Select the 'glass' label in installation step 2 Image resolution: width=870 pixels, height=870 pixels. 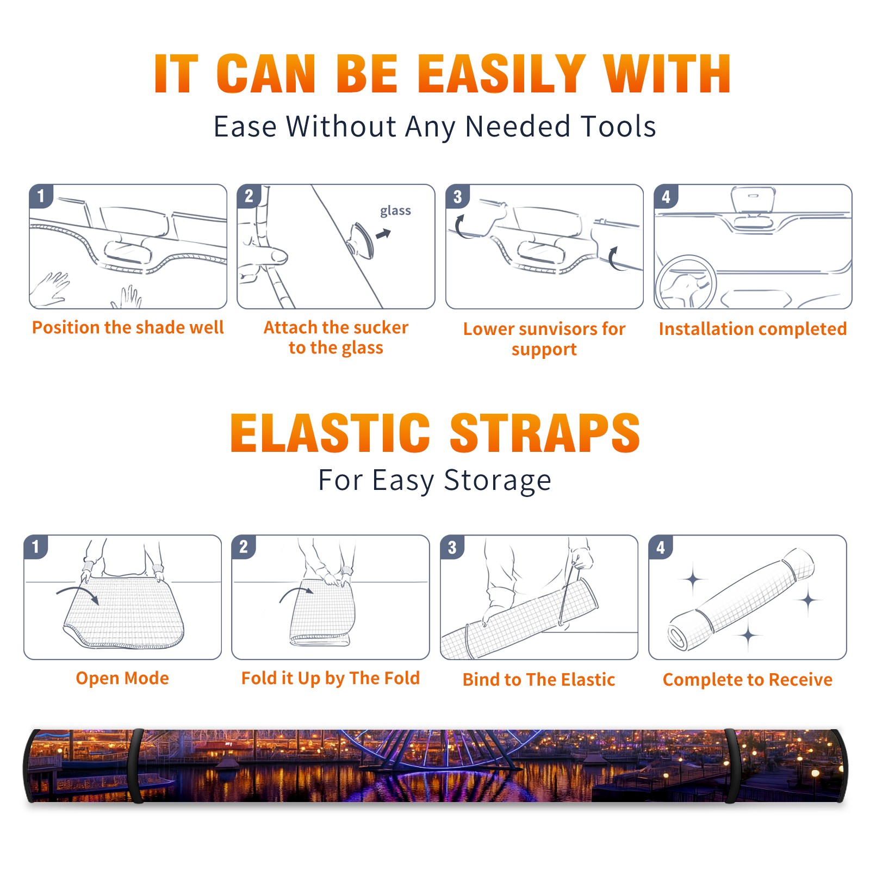tap(395, 210)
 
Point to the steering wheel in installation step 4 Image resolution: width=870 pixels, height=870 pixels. tap(686, 282)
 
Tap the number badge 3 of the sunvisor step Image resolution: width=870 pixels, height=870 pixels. tap(457, 196)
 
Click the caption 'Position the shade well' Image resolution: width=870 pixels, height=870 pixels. tap(128, 327)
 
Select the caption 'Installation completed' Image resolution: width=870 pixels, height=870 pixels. tap(753, 329)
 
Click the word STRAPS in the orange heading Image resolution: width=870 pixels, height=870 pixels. tap(545, 433)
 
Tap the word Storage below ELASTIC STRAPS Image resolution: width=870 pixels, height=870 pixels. tap(498, 481)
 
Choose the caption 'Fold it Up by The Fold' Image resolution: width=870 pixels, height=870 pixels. tap(331, 678)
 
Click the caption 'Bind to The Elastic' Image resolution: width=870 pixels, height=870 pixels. tap(539, 680)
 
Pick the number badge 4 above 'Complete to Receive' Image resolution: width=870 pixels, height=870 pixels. tap(661, 547)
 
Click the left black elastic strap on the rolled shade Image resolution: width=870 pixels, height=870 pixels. tap(137, 766)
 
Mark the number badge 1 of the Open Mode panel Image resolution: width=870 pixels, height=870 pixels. tap(36, 547)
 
